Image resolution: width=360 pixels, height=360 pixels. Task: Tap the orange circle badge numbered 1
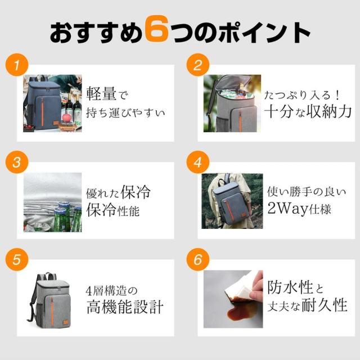click(x=17, y=65)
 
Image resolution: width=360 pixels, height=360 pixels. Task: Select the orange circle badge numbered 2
click(x=197, y=65)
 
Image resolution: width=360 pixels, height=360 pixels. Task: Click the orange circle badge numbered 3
click(x=17, y=162)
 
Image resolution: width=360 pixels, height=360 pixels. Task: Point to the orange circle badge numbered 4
click(x=197, y=162)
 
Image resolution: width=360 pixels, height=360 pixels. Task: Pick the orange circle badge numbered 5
click(x=17, y=259)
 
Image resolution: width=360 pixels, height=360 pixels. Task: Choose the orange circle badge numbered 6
click(x=197, y=259)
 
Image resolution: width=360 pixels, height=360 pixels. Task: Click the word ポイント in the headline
click(x=264, y=33)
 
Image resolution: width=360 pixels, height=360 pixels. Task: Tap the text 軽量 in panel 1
click(x=101, y=94)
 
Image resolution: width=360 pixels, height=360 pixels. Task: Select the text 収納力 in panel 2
click(x=331, y=112)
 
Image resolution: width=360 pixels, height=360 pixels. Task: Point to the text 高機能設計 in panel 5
click(x=125, y=307)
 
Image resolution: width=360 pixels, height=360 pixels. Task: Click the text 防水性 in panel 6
click(x=290, y=287)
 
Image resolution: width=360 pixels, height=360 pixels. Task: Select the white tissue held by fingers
click(x=238, y=285)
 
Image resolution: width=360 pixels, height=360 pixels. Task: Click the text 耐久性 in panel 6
click(x=324, y=305)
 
